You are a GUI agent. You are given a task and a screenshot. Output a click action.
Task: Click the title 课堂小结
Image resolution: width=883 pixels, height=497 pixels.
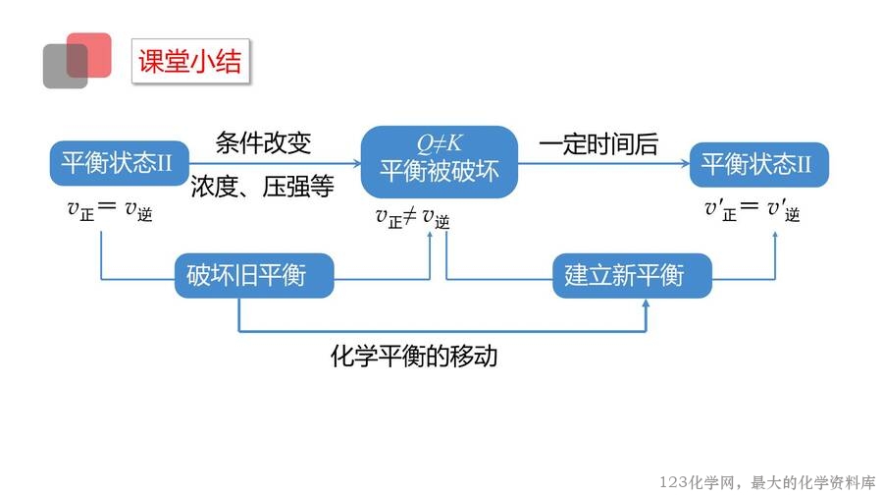(x=189, y=61)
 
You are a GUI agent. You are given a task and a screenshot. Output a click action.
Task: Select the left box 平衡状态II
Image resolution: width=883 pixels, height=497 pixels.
(x=117, y=164)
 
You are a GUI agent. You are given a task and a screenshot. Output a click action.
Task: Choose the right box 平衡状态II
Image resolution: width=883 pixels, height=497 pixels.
(x=758, y=164)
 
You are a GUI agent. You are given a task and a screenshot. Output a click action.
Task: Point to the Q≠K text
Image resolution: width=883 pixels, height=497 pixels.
(x=439, y=144)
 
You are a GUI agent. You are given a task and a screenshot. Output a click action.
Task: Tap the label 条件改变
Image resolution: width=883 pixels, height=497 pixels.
(x=263, y=143)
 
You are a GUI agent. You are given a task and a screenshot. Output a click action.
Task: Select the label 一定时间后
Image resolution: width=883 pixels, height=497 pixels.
(x=597, y=144)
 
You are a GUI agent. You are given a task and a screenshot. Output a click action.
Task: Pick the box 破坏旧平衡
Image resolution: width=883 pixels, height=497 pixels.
(x=254, y=276)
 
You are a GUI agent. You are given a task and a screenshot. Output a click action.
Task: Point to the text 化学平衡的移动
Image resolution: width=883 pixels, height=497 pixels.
(x=414, y=356)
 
